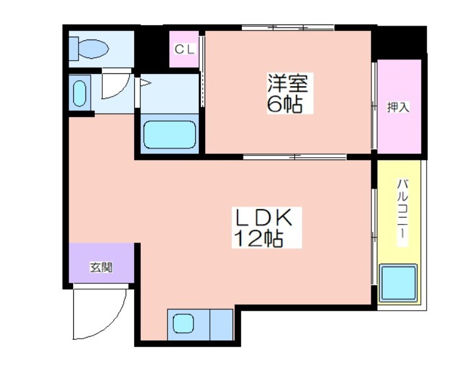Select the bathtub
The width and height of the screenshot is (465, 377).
[169, 136]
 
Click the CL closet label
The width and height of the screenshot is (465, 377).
[184, 49]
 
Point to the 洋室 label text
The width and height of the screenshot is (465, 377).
[287, 83]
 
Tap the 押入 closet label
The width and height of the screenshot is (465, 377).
[399, 107]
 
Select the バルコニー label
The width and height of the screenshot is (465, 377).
[401, 213]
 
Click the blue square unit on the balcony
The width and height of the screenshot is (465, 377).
[398, 283]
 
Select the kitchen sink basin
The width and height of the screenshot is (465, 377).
[184, 323]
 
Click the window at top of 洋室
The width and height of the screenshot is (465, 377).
[288, 26]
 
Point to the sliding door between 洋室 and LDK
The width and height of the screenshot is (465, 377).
[295, 156]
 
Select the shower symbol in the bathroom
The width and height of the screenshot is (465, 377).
[145, 83]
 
